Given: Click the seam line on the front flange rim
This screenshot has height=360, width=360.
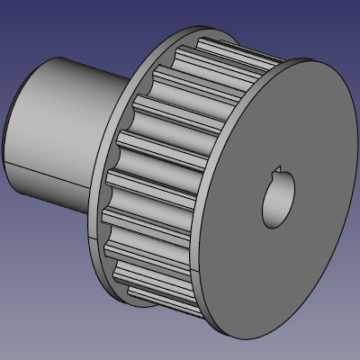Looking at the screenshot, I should tap(198, 271).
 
